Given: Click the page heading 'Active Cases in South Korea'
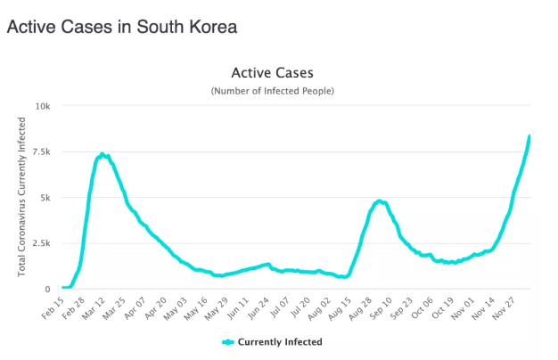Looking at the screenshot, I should (x=122, y=27).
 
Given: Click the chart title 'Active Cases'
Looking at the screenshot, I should (x=272, y=72).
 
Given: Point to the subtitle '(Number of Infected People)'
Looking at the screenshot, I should (x=272, y=92).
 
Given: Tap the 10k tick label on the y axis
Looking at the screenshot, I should (x=43, y=106).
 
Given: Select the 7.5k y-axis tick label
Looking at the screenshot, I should (x=41, y=151).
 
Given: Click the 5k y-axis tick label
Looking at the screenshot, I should (x=45, y=197).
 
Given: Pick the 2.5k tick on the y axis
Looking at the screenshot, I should (x=41, y=243).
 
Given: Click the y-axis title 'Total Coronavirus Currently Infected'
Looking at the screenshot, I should (x=22, y=198).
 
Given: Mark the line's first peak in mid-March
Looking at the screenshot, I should (x=103, y=154).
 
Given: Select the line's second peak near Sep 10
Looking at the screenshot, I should (x=380, y=201).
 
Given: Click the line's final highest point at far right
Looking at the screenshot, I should (x=529, y=136).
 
